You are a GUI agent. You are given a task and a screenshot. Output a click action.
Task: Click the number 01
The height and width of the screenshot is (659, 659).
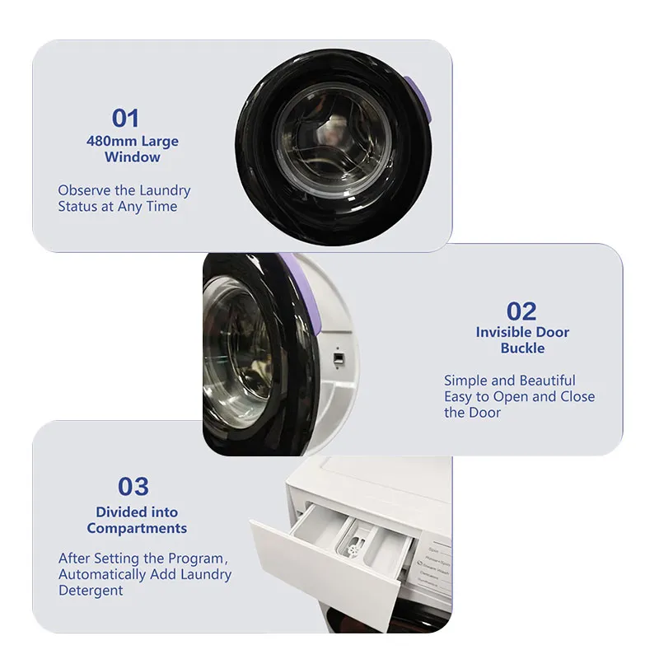(125, 119)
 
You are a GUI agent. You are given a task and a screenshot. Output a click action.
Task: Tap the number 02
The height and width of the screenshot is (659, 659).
(521, 311)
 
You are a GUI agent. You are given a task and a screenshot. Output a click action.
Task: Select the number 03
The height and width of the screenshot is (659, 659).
(133, 486)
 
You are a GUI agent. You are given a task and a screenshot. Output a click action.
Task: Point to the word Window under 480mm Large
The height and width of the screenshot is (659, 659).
(133, 157)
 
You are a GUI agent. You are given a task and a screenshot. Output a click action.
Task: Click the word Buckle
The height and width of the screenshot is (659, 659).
(522, 348)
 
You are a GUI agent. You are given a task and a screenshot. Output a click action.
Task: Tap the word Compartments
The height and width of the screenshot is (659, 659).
(137, 528)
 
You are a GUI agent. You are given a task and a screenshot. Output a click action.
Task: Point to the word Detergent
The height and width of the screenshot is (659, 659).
(91, 591)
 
